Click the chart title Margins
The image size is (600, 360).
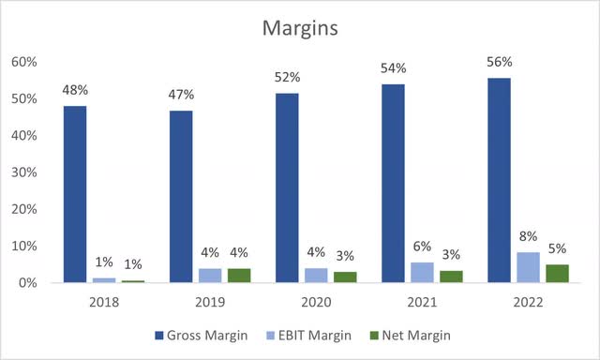(299, 29)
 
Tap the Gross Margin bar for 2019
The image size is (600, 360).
(182, 196)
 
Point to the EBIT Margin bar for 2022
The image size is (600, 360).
(529, 267)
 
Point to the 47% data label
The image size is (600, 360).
(182, 96)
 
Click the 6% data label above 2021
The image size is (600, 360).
(422, 247)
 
